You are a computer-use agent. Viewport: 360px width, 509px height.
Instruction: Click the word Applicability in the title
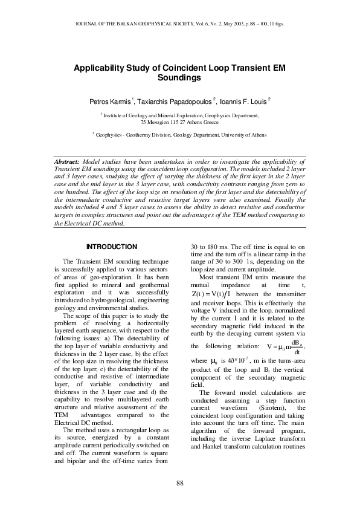pyautogui.click(x=99, y=68)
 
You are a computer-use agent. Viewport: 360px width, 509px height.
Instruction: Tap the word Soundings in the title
pyautogui.click(x=179, y=78)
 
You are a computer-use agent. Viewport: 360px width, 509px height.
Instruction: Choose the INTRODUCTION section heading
pyautogui.click(x=112, y=247)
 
